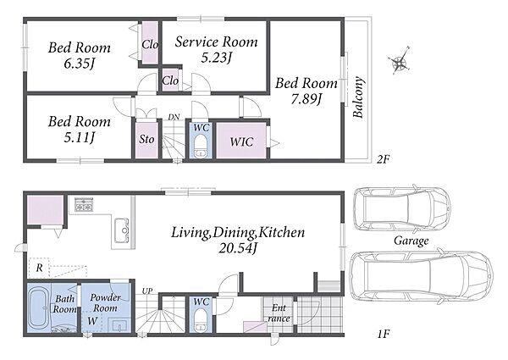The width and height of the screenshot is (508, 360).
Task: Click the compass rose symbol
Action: pos(400,61)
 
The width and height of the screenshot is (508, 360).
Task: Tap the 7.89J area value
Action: pos(306,100)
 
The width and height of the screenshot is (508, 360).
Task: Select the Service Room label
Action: pos(216,42)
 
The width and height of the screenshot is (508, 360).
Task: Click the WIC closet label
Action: pos(241,142)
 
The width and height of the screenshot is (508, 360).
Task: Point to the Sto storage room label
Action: pos(146,140)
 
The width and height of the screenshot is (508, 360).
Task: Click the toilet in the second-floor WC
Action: pos(202,147)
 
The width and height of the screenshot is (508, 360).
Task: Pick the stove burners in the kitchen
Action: pos(84,204)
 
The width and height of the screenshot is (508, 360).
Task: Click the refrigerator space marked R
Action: pos(39,268)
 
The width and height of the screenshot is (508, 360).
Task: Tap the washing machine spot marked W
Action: pos(92,321)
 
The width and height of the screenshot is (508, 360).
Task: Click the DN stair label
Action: pos(174,117)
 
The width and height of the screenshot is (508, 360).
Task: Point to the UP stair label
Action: pos(147,291)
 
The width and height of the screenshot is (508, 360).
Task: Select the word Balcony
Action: pos(358,97)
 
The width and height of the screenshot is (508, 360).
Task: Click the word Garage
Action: pos(411,241)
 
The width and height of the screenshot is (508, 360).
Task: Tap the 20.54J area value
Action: pos(238,248)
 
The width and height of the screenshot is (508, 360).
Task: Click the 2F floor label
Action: pos(383,159)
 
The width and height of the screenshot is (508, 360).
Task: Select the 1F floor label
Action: pos(384,334)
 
